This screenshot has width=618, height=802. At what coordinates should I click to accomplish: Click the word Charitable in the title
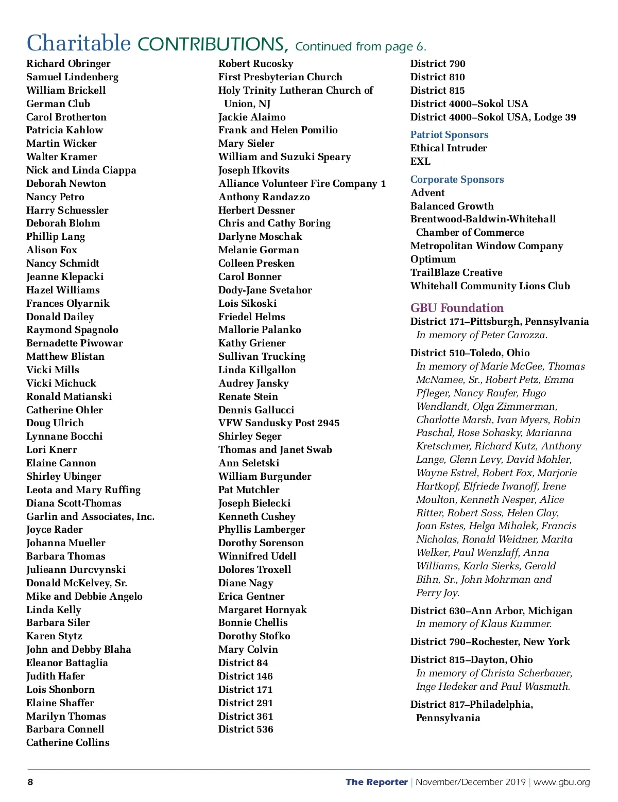point(79,43)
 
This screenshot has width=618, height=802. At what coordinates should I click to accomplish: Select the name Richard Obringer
point(68,64)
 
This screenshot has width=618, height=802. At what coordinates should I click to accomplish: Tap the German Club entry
point(58,103)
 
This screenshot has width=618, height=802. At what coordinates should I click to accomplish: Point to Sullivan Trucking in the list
point(262,356)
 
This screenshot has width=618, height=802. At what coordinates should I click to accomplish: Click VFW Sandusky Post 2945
point(279,423)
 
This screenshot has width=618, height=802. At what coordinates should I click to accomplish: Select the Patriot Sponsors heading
point(449,135)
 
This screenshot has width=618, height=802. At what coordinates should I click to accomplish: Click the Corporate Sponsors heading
point(457,180)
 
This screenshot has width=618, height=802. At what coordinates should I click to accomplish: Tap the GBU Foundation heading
point(457,308)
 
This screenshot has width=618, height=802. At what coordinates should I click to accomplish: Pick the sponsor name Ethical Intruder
point(449,148)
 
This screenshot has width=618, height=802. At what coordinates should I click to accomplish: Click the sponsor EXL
point(420,162)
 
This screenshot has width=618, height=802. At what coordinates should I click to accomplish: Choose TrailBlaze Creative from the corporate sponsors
point(456,273)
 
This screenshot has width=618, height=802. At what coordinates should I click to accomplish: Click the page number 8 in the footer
point(30,782)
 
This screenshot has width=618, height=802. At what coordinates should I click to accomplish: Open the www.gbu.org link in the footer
point(561,782)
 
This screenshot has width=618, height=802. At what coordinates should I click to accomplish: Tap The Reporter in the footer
point(376,782)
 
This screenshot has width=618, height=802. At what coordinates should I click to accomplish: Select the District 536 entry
point(246,729)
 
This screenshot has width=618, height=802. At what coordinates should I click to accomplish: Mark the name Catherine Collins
point(68,743)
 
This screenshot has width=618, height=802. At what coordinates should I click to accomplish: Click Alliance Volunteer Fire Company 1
point(302,184)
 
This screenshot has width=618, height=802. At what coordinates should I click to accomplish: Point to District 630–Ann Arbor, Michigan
point(491,611)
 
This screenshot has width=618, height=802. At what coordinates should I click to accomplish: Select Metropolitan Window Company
point(487,246)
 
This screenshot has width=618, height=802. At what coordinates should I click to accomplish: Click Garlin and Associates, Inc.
point(91,517)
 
